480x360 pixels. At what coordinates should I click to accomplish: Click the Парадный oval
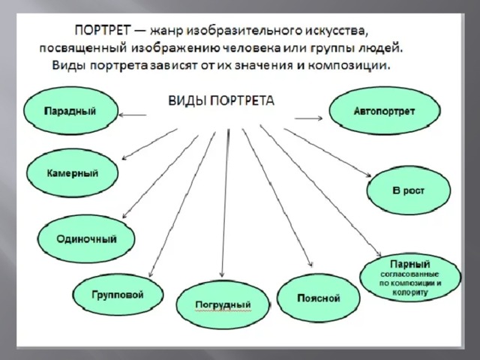pos(71,110)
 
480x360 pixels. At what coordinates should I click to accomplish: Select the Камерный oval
pos(72,173)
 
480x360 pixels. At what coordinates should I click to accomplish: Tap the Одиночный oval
pos(86,238)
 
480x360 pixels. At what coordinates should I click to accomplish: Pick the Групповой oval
pos(118,295)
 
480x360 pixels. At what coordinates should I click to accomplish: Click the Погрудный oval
pos(223,304)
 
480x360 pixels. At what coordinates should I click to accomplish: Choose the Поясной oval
pos(318,298)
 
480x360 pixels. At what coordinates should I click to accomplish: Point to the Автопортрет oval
pos(385,110)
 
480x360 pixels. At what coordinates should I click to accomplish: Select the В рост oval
pos(409,190)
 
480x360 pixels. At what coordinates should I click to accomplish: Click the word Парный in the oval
pos(410,263)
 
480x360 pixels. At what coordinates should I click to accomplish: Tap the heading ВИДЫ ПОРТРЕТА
pos(221,100)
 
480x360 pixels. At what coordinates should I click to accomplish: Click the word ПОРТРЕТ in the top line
pos(103,30)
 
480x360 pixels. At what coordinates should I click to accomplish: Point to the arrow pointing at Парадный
pos(133,115)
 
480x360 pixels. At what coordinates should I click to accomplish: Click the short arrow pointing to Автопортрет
pos(308,118)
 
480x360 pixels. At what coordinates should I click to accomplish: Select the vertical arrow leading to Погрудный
pos(225,203)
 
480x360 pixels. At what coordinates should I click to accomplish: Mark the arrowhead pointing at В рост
pos(368,175)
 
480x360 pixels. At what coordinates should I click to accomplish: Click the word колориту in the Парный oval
pos(410,292)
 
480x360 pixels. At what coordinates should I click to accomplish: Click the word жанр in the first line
pos(167,31)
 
